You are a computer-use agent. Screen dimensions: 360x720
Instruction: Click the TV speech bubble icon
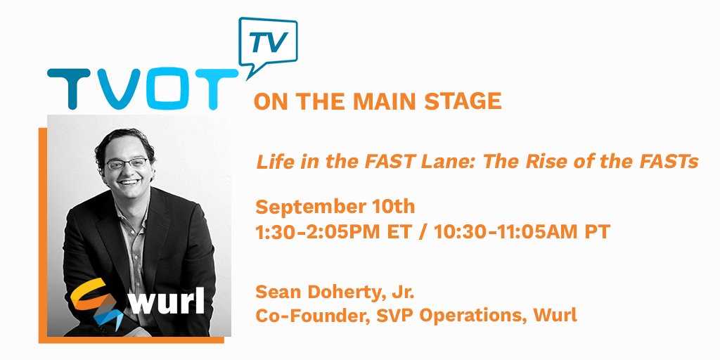click(268, 44)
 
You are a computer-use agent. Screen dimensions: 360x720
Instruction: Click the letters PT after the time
click(597, 232)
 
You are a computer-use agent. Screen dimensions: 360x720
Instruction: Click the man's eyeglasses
click(127, 163)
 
